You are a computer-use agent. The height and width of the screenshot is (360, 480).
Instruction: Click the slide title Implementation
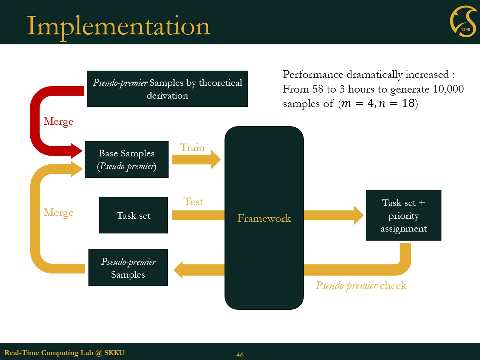point(118,26)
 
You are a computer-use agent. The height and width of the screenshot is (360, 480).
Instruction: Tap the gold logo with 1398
point(463,22)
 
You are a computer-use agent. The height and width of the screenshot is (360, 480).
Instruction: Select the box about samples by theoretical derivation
point(167,89)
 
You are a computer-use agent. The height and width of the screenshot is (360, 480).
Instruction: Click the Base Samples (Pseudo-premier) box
point(127,159)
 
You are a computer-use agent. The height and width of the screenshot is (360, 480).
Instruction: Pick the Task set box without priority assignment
point(133,215)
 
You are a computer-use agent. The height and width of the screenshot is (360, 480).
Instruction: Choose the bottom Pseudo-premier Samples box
point(128,268)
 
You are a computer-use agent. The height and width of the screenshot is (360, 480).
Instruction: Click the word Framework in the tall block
point(264,218)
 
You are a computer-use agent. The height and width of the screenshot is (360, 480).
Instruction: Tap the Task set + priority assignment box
point(403,215)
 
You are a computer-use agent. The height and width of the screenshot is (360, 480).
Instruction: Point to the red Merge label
point(58,121)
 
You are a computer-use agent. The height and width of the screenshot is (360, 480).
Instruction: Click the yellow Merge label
point(58,212)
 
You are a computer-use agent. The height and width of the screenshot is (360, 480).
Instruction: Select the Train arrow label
point(192,148)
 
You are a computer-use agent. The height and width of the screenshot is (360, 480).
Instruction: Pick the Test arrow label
point(193,202)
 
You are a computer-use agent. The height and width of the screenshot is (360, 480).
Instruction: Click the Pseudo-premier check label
point(361,286)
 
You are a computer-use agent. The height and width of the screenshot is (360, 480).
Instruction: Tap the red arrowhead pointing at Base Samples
point(76,151)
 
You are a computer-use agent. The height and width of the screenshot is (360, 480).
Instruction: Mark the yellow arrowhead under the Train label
point(215,159)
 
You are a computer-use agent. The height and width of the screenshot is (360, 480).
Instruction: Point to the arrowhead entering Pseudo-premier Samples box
point(178,270)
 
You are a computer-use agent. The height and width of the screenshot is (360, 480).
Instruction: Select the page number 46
point(240,355)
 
